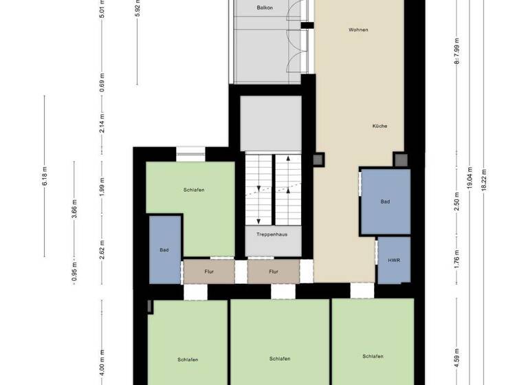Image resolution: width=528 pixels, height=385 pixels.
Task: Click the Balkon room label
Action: tap(265, 8)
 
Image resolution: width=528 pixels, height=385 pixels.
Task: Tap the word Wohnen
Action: tap(358, 30)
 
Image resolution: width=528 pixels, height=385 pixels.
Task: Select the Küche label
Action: tap(379, 126)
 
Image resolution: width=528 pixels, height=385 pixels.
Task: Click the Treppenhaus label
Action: tap(272, 234)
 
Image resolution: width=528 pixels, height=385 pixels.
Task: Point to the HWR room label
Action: tap(394, 261)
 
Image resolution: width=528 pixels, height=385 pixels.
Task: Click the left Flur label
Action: tap(208, 272)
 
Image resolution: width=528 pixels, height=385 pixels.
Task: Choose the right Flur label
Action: tap(274, 272)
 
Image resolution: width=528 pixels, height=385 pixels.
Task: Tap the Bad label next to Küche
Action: tap(386, 201)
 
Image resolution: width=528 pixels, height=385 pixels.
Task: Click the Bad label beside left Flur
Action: tap(164, 250)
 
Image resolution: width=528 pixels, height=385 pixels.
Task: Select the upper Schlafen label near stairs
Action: tap(194, 190)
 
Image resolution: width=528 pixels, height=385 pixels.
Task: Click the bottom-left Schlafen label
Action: tap(188, 360)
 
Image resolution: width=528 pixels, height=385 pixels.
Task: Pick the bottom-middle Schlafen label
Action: tap(280, 359)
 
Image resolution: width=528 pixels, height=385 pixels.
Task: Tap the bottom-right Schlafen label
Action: tap(373, 356)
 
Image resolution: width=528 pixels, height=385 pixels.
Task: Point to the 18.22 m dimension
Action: tap(484, 179)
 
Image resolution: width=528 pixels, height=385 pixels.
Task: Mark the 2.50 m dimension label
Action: tap(457, 207)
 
